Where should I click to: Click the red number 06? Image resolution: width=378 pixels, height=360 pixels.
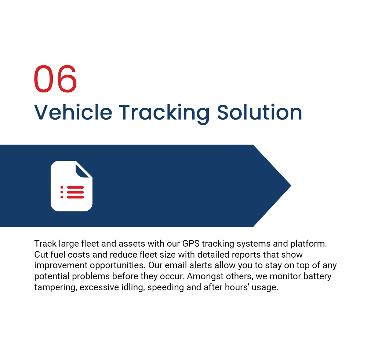click(55, 79)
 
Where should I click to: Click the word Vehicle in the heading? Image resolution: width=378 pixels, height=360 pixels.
click(73, 112)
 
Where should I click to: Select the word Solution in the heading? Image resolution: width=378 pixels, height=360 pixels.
click(259, 112)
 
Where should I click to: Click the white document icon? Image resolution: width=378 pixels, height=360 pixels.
click(71, 186)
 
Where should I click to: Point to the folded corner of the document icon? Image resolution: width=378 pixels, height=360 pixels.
click(83, 170)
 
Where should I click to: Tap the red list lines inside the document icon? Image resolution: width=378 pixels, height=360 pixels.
click(72, 192)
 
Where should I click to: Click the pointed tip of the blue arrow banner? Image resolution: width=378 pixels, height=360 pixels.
click(291, 186)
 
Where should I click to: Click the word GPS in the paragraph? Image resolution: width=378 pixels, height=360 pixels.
click(191, 244)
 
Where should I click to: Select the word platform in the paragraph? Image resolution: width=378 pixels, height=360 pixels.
click(308, 244)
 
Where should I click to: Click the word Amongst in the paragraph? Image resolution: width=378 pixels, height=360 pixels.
click(205, 277)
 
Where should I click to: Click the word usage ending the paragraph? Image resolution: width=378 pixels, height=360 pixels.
click(265, 288)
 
